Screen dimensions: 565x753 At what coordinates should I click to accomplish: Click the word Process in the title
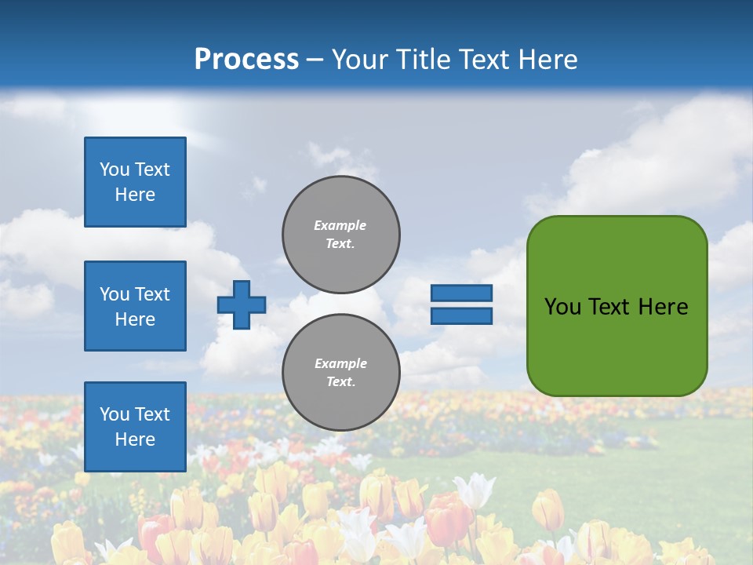[246, 60]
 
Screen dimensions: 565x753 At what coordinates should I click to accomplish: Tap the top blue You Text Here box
[135, 182]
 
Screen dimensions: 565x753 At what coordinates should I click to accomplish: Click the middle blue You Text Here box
[135, 306]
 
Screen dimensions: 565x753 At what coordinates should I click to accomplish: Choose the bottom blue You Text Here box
[135, 427]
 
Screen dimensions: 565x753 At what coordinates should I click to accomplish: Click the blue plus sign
[242, 304]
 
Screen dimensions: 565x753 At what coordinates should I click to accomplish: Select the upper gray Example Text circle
[341, 235]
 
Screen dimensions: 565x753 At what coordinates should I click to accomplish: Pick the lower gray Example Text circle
[341, 373]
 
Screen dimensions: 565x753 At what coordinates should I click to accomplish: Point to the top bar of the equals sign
[461, 293]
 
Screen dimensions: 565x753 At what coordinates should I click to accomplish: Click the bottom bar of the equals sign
[461, 316]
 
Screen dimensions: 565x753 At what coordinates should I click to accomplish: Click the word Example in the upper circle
[340, 225]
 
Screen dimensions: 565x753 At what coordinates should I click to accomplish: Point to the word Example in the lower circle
[340, 363]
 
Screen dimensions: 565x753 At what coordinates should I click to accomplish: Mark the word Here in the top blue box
[135, 195]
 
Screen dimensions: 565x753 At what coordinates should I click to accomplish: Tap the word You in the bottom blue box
[115, 414]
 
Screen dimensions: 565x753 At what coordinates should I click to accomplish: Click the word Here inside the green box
[664, 307]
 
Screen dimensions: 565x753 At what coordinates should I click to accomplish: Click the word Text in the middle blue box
[152, 294]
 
